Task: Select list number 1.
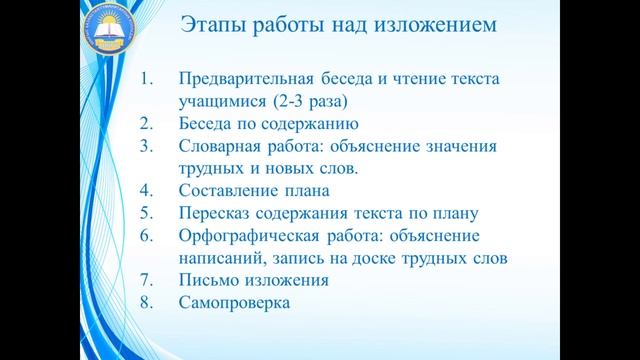[146, 79]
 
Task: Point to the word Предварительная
[243, 79]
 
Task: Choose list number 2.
[146, 124]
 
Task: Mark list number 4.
[146, 190]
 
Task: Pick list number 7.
[146, 279]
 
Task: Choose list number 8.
[146, 301]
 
